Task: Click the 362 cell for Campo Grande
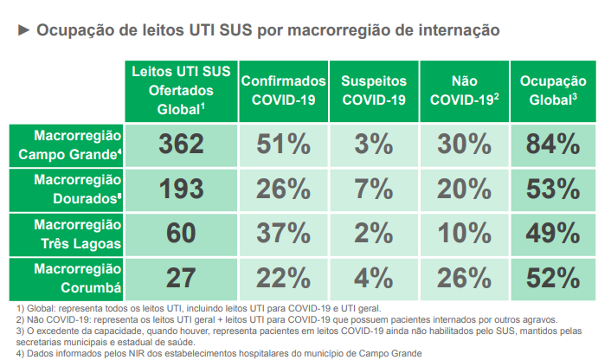point(181,144)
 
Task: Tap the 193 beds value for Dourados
point(181,189)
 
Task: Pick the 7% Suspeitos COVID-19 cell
point(373,189)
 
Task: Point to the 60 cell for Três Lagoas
point(181,233)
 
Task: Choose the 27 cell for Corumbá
point(181,278)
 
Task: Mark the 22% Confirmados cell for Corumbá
point(282,278)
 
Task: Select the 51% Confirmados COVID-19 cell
point(282,144)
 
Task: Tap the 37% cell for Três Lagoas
point(282,233)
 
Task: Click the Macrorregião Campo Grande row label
point(76,145)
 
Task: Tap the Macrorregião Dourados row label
point(76,189)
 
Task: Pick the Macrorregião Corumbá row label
point(76,278)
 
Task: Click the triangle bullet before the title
point(23,30)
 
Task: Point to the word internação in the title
point(459,30)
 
